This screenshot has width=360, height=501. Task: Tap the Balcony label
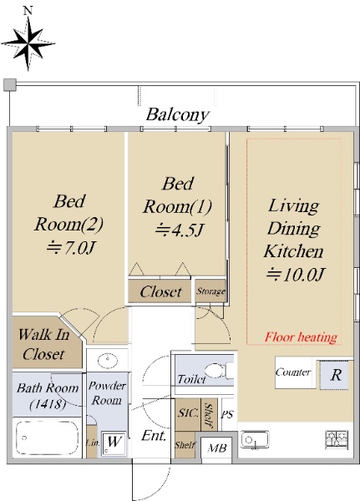pos(178,114)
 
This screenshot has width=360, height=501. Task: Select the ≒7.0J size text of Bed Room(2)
pos(71,247)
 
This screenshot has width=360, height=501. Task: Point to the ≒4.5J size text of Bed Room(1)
pos(180,230)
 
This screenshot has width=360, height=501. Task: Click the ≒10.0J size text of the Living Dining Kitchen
pos(296,274)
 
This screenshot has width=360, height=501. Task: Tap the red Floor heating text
pos(301,337)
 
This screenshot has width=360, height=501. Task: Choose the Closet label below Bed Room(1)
pos(160,291)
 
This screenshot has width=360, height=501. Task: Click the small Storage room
pos(210,291)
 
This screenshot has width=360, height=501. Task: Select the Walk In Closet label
pos(43,344)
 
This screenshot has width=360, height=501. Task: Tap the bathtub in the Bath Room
pos(47,437)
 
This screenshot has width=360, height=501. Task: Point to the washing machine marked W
pos(114,443)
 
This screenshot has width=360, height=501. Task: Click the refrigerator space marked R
pos(334,375)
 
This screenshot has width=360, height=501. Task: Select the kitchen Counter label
pos(293,372)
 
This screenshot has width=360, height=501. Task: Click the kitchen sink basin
pos(255,439)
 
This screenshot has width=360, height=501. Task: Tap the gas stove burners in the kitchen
pos(337,440)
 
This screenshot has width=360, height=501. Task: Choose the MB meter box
pos(217,448)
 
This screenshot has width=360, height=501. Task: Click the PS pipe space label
pos(228,415)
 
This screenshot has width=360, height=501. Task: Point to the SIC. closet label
pos(188,413)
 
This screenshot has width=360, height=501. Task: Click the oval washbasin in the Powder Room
pos(108,361)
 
